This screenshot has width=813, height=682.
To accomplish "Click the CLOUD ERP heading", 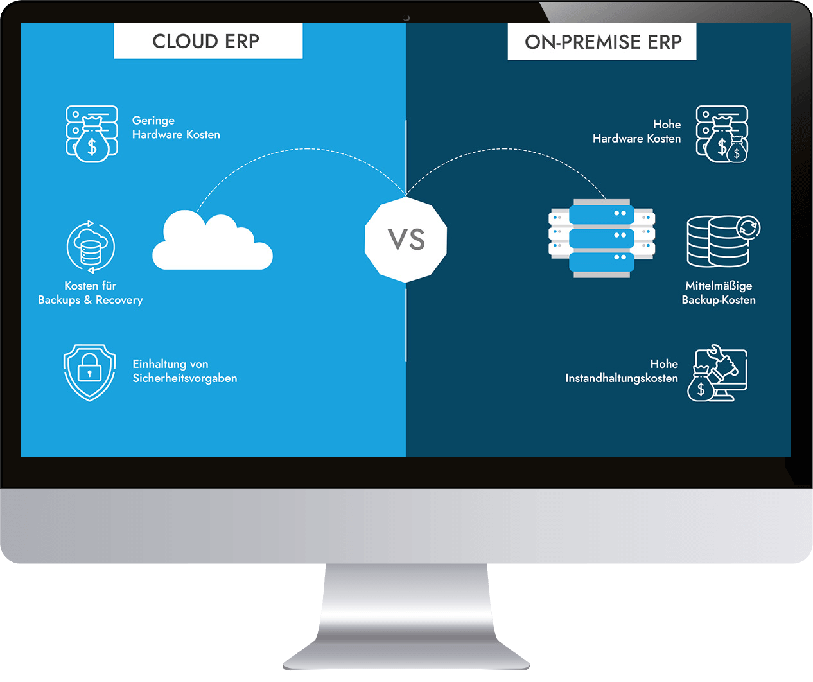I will (206, 42).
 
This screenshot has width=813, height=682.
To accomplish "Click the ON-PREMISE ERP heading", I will (602, 42).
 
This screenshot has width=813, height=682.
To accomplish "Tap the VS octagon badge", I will (406, 240).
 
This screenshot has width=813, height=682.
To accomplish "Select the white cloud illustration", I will (212, 242).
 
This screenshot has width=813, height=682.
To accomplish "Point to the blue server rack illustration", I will (602, 238).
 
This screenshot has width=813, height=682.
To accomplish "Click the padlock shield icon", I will (89, 372).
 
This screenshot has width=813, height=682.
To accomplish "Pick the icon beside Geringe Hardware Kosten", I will (92, 134).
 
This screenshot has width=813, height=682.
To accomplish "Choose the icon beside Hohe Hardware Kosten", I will (722, 134).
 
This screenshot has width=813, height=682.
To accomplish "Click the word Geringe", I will (153, 121).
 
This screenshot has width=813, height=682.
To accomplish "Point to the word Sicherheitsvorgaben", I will (185, 378).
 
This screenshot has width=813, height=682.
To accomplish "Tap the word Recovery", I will (119, 300).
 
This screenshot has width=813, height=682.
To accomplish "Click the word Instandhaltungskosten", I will (621, 378).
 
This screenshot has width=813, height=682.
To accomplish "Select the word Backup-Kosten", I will (719, 300).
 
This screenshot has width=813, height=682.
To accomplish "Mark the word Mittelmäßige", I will (719, 286).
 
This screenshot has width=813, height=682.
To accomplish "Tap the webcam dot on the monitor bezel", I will (406, 18).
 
